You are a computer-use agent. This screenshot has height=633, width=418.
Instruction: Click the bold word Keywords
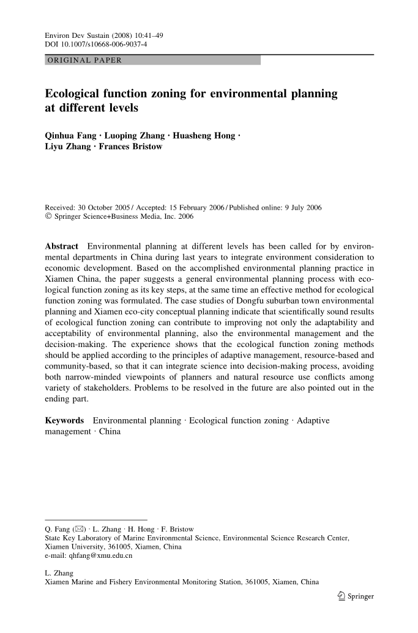coord(65,421)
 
